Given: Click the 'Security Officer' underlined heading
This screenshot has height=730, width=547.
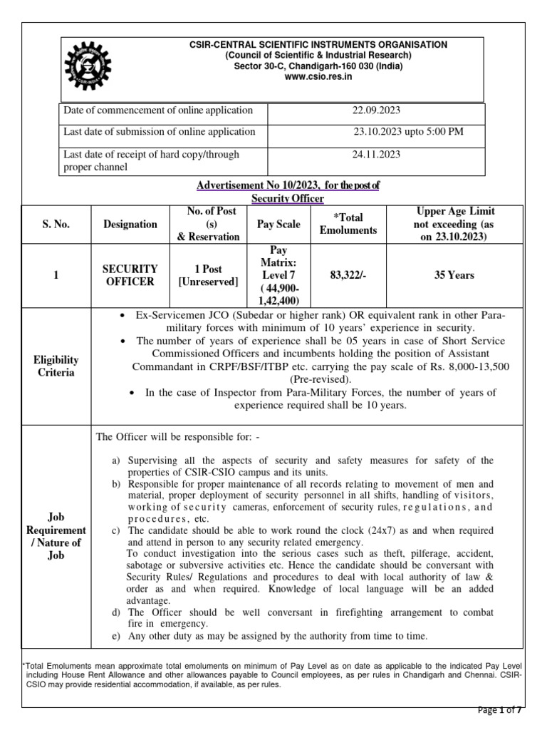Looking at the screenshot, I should coord(288,198).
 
